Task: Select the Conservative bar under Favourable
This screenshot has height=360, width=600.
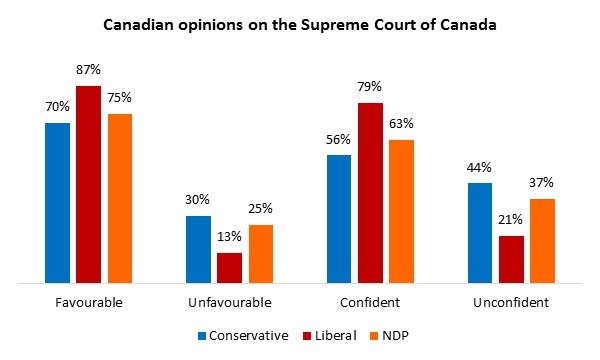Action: click(57, 203)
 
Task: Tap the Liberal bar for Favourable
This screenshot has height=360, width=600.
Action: click(89, 185)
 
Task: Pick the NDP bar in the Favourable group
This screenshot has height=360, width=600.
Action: click(120, 198)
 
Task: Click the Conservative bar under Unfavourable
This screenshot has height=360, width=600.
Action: click(199, 249)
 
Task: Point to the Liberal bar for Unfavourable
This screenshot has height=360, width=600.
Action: click(230, 268)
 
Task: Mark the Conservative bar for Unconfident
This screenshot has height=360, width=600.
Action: click(481, 233)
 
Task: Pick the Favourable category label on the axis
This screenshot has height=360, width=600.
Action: click(89, 303)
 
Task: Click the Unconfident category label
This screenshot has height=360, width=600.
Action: click(512, 303)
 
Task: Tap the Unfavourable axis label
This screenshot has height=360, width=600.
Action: click(230, 303)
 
